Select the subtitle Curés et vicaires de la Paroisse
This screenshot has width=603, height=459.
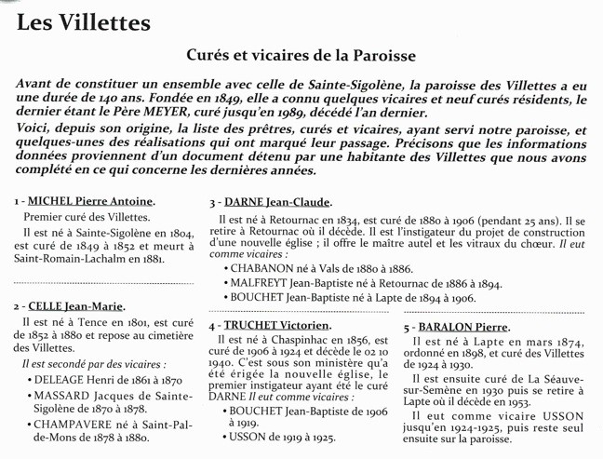[x=301, y=57]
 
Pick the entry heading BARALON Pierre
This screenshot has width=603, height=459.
[x=462, y=328]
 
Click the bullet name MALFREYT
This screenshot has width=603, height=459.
[x=263, y=282]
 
